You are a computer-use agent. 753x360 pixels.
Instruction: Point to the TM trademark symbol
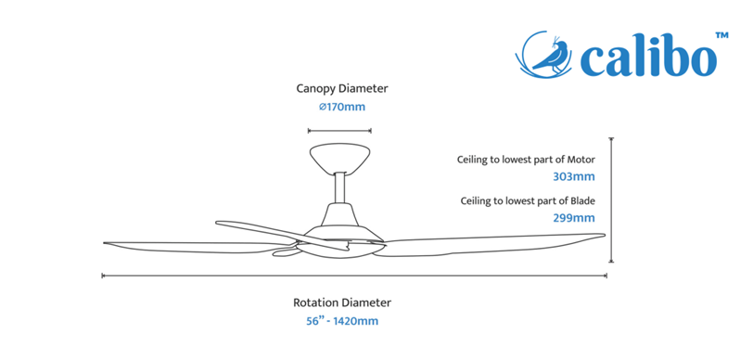721,35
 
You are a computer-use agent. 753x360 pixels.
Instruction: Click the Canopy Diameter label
342,88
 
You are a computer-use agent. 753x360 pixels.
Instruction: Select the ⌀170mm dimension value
342,107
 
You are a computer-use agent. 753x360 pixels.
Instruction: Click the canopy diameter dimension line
339,130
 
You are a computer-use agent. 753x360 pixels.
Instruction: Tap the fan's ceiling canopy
340,158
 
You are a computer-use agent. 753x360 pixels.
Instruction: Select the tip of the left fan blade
104,243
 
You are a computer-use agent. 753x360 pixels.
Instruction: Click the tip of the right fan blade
604,235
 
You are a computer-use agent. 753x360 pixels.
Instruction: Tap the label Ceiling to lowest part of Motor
526,160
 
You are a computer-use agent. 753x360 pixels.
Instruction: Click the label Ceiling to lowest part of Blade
528,201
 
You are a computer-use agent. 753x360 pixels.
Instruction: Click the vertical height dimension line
611,199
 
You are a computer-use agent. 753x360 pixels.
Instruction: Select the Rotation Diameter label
342,302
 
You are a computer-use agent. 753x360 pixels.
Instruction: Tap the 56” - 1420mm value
342,321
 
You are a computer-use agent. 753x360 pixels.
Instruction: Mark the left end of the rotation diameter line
103,276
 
